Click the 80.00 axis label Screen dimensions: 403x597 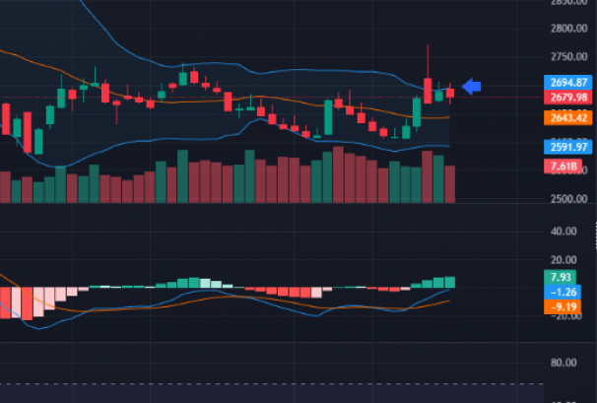[x=564, y=363]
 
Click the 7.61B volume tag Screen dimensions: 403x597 [x=562, y=166]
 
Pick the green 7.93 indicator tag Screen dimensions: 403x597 [x=559, y=277]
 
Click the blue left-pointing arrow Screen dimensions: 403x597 [x=472, y=88]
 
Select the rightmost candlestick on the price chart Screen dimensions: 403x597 [x=450, y=94]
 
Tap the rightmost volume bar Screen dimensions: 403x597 [x=450, y=183]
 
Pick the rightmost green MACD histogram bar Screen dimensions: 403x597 [x=450, y=282]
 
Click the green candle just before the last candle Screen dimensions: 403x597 [x=439, y=96]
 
